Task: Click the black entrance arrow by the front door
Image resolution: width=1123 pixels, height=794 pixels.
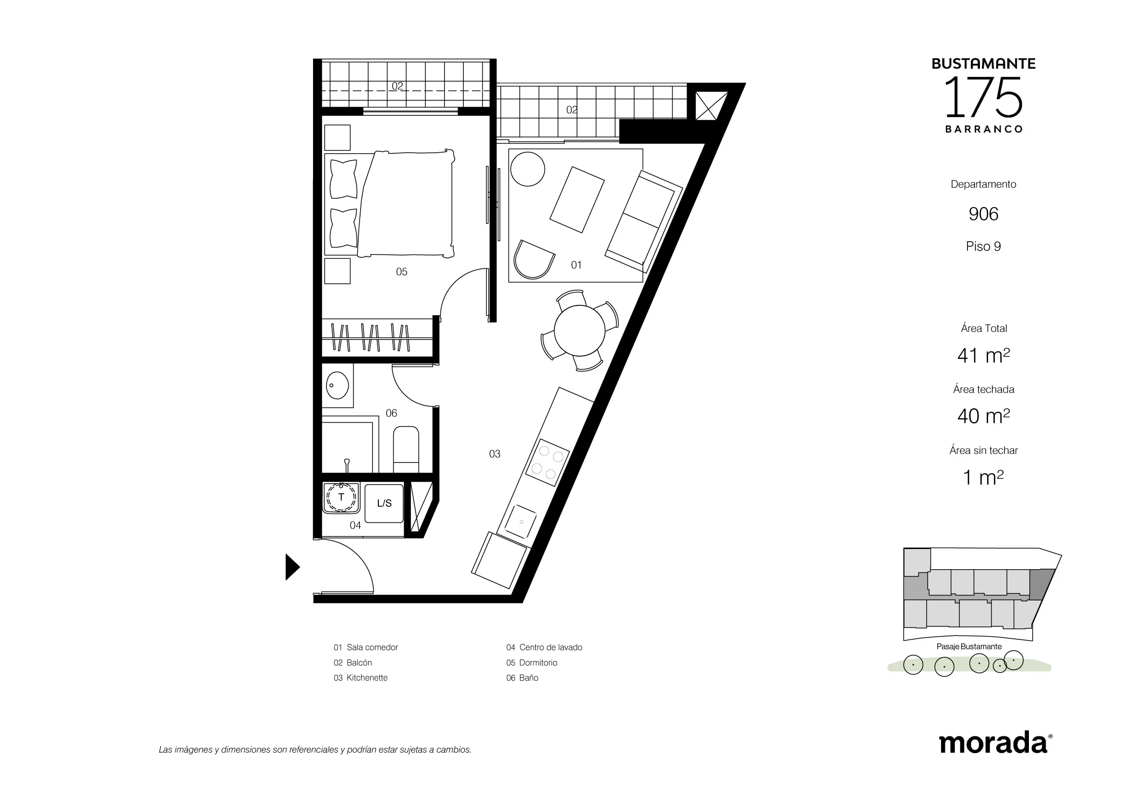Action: point(292,567)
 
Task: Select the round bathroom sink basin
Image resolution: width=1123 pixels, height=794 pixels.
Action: point(337,386)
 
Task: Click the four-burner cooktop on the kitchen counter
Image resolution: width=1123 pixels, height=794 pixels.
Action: point(547,462)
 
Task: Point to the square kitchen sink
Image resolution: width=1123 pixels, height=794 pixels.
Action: point(521,522)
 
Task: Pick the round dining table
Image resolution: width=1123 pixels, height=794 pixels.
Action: point(580,330)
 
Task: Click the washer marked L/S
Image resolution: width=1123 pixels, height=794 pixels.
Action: point(385,503)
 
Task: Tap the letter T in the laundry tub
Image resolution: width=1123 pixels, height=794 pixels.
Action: point(341,497)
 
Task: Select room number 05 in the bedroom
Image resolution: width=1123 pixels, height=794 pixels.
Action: point(401,272)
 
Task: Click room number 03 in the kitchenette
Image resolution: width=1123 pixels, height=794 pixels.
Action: point(495,454)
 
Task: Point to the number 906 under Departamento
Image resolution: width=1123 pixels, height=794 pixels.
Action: point(983,214)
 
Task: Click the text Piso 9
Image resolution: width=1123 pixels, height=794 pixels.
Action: point(983,246)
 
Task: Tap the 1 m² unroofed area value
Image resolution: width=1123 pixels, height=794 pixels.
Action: point(983,477)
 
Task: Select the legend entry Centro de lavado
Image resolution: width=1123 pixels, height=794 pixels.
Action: point(551,647)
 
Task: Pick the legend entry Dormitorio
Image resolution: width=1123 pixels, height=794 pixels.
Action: point(538,662)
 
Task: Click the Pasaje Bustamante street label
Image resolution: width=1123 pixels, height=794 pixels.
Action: point(969,646)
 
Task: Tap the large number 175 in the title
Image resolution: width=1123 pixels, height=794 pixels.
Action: point(983,98)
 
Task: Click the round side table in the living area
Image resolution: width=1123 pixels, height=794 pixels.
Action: point(528,169)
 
